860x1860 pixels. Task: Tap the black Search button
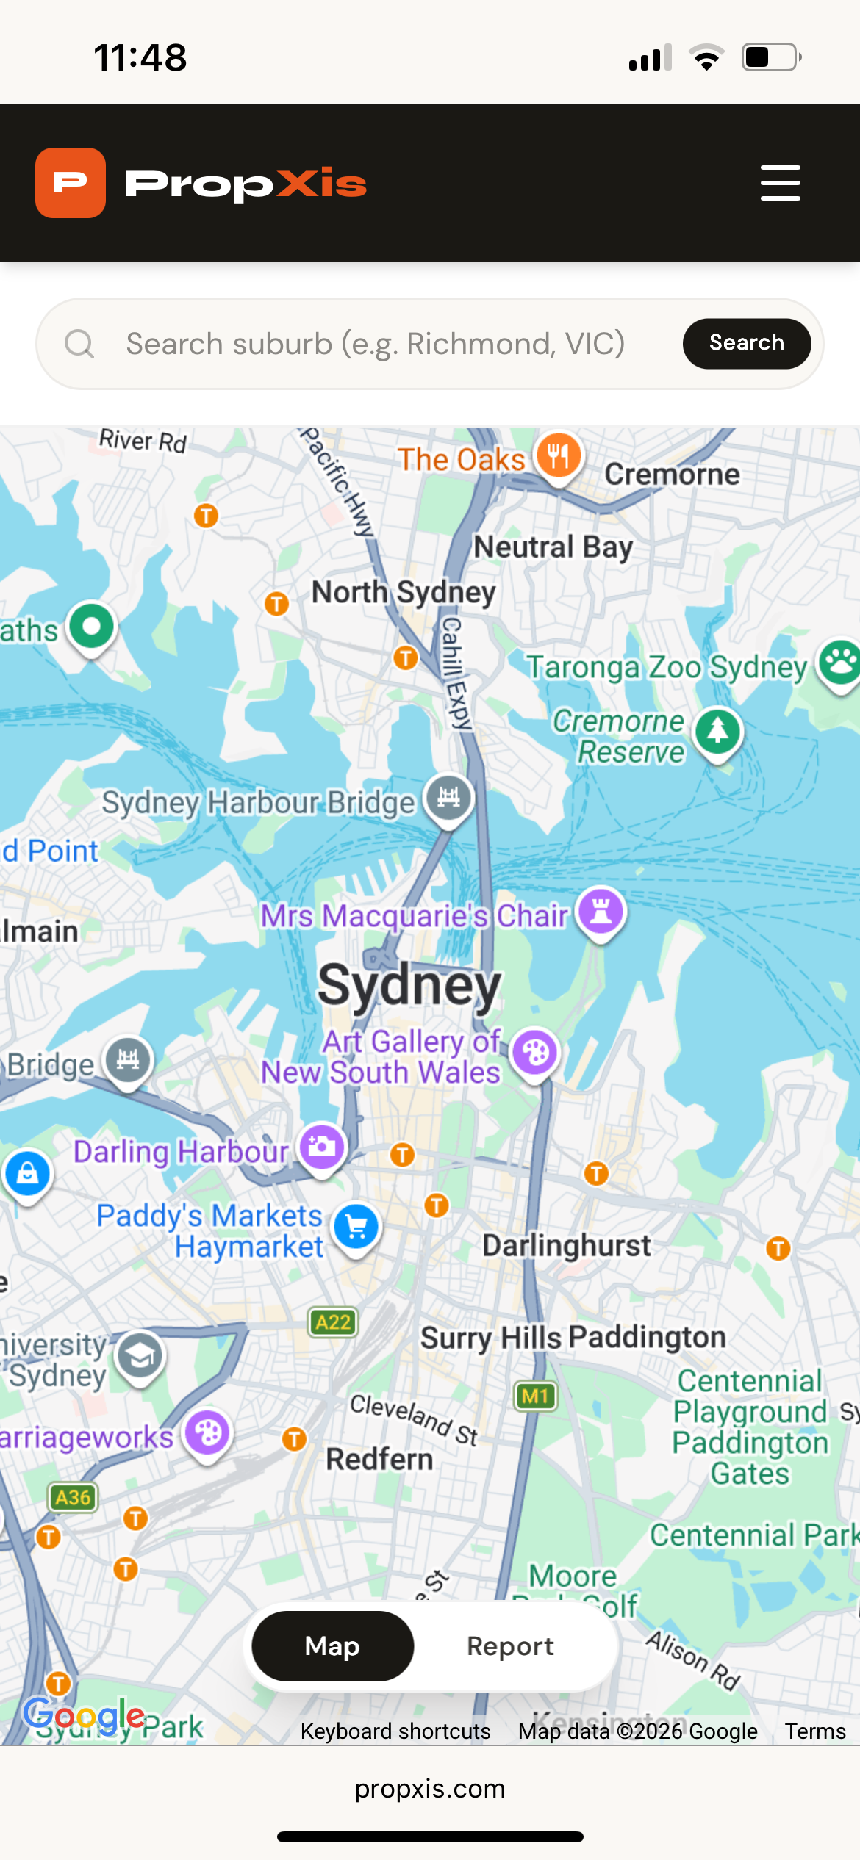tap(746, 343)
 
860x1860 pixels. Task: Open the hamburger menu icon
tap(780, 183)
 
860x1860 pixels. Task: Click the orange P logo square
tap(71, 183)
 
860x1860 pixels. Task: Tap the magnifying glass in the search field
tap(79, 343)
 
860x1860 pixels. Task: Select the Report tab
tap(510, 1646)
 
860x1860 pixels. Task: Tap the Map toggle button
tap(332, 1646)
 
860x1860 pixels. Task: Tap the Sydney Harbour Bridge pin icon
tap(448, 797)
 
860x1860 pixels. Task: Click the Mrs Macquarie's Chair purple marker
tap(601, 911)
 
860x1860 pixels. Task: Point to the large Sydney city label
tap(409, 984)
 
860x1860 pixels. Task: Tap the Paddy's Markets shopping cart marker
tap(356, 1226)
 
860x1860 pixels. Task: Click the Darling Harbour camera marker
tap(322, 1147)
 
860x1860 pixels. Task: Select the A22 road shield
tap(333, 1322)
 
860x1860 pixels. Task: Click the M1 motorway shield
tap(535, 1396)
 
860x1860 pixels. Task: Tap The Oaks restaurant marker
tap(559, 456)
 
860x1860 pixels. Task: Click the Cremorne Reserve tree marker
tap(718, 731)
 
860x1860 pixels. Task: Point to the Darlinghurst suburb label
tap(566, 1246)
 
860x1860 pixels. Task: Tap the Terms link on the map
tap(814, 1731)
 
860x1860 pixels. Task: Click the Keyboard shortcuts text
tap(395, 1731)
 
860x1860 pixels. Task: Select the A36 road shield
tap(73, 1497)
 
